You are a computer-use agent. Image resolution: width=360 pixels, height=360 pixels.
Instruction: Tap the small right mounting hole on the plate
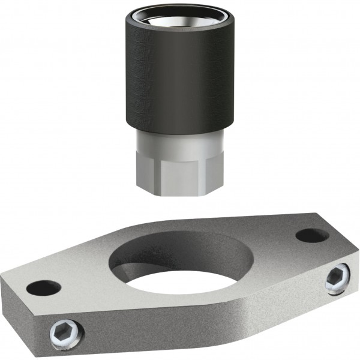coord(312,236)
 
